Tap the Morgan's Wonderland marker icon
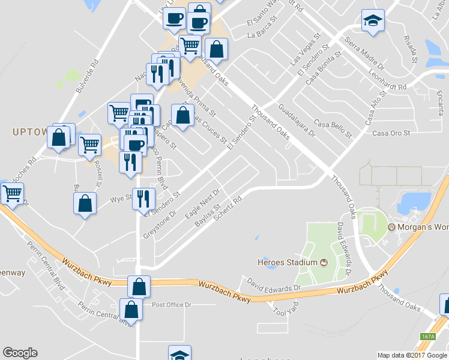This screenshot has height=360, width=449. (x=393, y=227)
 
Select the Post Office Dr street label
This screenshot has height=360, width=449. (x=171, y=305)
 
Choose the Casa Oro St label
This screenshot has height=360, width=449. (x=391, y=133)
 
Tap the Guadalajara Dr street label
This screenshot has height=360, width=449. (x=297, y=120)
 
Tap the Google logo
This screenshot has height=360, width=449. (x=20, y=353)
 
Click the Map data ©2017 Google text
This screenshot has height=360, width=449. (x=412, y=355)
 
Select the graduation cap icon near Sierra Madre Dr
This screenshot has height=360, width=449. (x=373, y=22)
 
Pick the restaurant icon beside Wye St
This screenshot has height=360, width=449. (x=144, y=199)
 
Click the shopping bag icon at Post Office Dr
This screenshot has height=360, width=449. (x=131, y=310)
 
